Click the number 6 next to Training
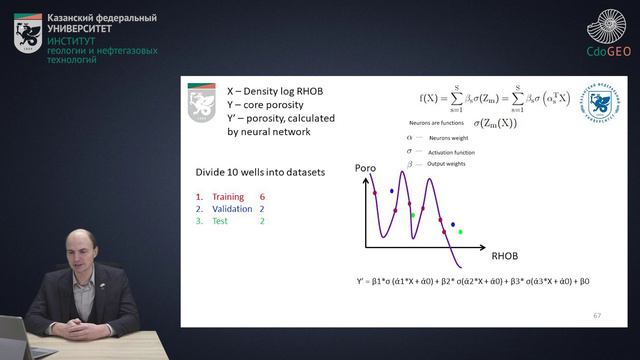click(x=262, y=198)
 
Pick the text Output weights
click(x=446, y=163)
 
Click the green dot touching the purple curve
click(x=412, y=215)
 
